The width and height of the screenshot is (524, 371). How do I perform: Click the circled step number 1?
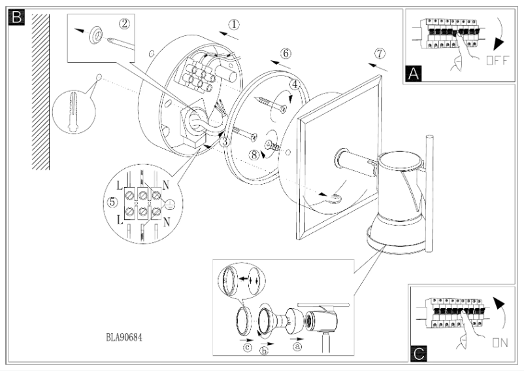[x=234, y=24]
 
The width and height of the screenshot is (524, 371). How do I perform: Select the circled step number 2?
[x=124, y=24]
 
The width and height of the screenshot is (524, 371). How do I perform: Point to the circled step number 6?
[x=286, y=53]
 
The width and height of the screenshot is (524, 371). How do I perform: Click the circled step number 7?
[x=380, y=53]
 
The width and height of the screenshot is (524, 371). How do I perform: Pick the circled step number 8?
[x=254, y=155]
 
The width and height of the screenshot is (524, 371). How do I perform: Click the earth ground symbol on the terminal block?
[x=169, y=205]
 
